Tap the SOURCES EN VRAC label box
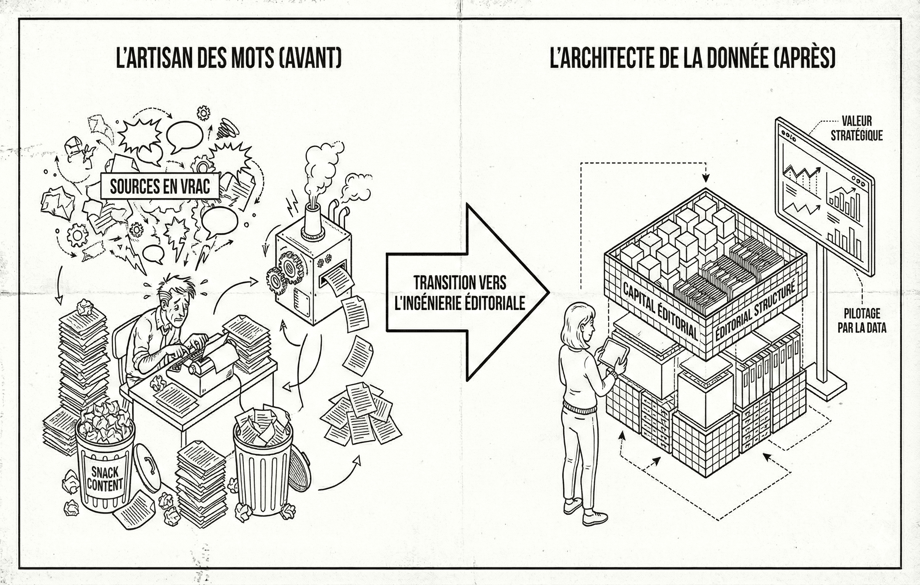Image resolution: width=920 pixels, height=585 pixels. click(160, 186)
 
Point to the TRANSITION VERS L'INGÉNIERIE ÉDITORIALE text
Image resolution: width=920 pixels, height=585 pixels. click(460, 293)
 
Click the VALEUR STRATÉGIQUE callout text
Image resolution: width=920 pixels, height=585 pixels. click(856, 128)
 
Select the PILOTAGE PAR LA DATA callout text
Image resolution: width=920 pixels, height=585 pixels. click(862, 321)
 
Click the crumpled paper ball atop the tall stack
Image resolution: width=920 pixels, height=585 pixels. click(85, 308)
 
